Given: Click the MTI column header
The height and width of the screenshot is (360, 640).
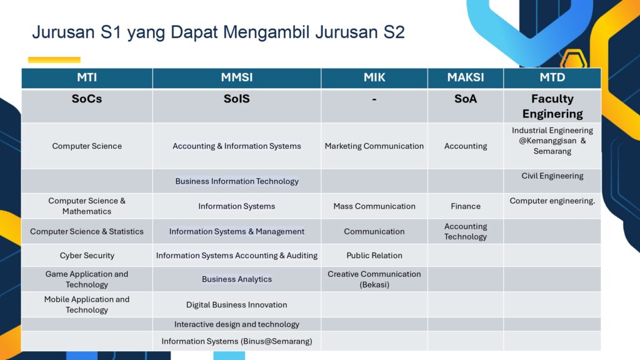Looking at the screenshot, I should pyautogui.click(x=87, y=77).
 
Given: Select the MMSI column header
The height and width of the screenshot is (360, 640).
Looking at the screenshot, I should pyautogui.click(x=237, y=77).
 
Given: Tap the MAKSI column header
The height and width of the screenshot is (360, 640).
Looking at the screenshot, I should pyautogui.click(x=466, y=77).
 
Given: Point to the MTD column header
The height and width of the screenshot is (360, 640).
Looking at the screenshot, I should pyautogui.click(x=552, y=77).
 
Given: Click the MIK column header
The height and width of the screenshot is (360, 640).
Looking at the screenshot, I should pyautogui.click(x=374, y=77).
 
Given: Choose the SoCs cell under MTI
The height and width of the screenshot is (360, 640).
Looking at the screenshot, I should pyautogui.click(x=87, y=99).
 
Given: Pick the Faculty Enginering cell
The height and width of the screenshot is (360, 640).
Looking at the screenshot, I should pyautogui.click(x=552, y=106).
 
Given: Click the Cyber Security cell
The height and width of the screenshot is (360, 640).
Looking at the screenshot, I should pyautogui.click(x=87, y=256).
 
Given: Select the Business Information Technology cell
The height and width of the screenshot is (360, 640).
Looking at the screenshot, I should pyautogui.click(x=237, y=181).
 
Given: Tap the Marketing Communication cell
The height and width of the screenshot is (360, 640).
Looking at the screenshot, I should pyautogui.click(x=374, y=146).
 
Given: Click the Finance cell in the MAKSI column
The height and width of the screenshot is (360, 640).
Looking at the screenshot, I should pyautogui.click(x=466, y=206).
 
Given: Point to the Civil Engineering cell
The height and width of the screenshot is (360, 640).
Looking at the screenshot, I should pyautogui.click(x=552, y=176).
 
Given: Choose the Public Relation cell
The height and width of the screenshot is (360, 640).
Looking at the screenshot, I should pyautogui.click(x=374, y=256).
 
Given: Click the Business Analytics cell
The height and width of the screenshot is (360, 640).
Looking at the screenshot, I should pyautogui.click(x=237, y=279).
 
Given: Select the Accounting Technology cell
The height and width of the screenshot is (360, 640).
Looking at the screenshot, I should pyautogui.click(x=466, y=231).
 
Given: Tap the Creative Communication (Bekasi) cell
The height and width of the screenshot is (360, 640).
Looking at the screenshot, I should pyautogui.click(x=374, y=279).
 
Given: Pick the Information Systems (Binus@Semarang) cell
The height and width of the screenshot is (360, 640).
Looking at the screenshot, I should pyautogui.click(x=237, y=341).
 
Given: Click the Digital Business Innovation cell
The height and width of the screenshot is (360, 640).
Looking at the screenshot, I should pyautogui.click(x=237, y=305).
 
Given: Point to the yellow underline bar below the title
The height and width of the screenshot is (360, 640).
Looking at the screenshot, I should pyautogui.click(x=54, y=60).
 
